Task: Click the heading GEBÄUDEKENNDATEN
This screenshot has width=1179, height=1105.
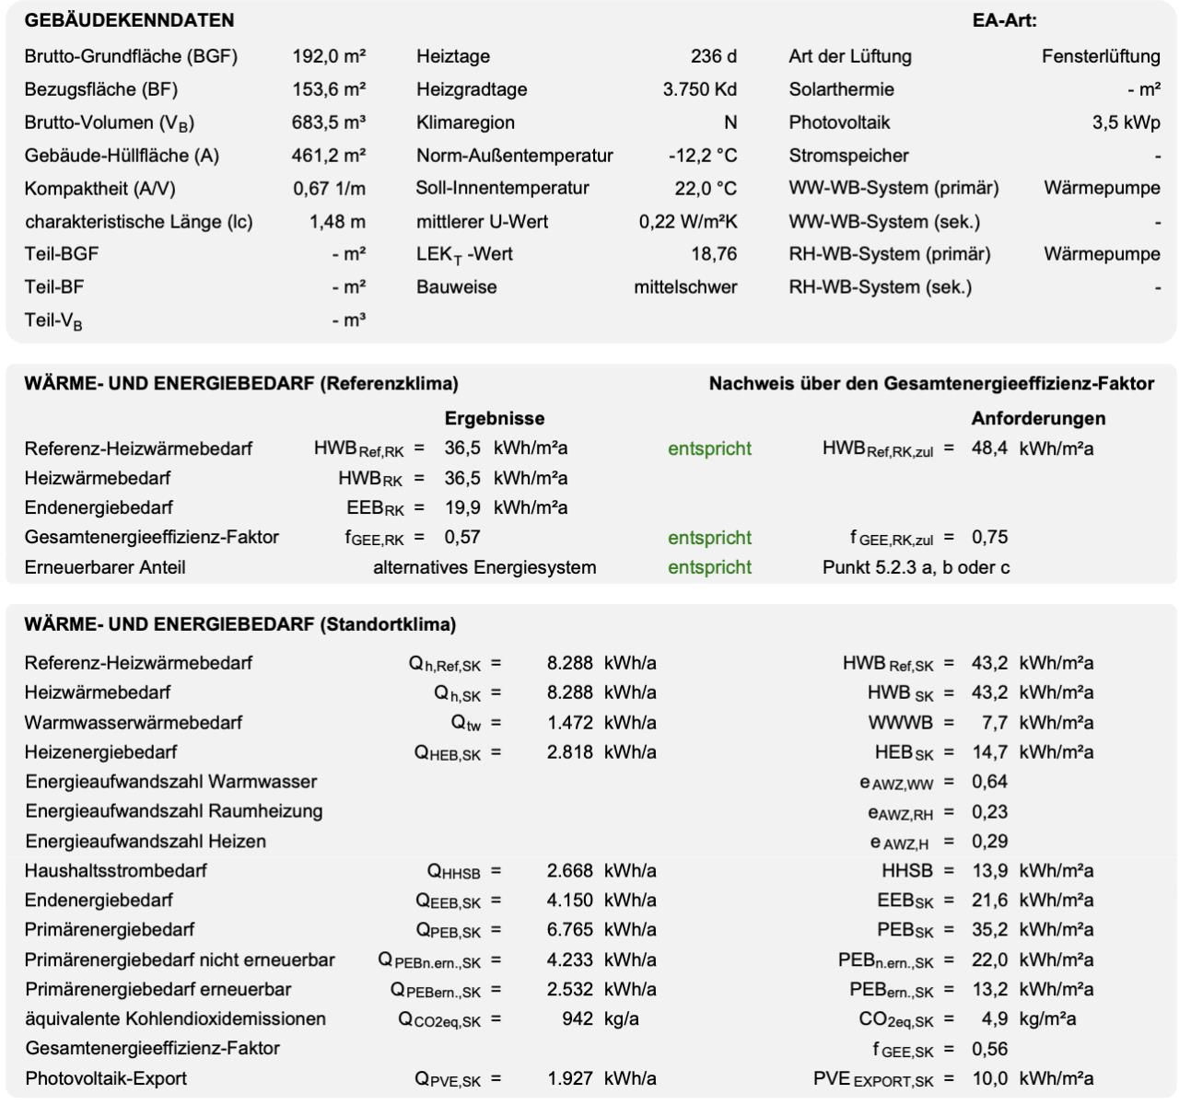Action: click(129, 20)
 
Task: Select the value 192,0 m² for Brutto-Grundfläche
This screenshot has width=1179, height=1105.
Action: click(329, 56)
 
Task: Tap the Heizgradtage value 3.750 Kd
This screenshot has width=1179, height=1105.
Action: click(699, 89)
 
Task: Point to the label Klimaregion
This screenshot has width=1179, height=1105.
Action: click(465, 122)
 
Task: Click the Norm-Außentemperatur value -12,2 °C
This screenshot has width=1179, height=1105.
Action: click(703, 156)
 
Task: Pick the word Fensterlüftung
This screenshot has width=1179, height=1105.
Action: click(1101, 56)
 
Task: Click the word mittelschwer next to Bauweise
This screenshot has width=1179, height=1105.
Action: click(685, 287)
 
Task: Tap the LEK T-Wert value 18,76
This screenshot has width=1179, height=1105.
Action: click(714, 254)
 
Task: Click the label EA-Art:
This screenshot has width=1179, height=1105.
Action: click(1004, 20)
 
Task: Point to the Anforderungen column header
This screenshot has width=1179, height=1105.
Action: click(1038, 418)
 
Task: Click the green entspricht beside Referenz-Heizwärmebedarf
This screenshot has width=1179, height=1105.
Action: click(709, 448)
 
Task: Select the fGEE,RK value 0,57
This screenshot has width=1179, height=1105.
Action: click(462, 537)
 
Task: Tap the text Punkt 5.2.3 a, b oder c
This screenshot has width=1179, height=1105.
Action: click(916, 567)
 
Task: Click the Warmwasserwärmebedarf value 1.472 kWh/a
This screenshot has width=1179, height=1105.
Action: click(601, 723)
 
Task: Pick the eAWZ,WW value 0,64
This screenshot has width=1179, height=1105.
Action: click(989, 782)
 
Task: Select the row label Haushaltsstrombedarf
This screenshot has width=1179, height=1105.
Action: click(116, 870)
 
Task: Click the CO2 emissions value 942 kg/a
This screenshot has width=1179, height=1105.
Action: click(600, 1019)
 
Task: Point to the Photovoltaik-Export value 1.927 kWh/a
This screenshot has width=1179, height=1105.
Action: click(601, 1078)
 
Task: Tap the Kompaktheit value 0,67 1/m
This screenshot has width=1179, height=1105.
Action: click(329, 189)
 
